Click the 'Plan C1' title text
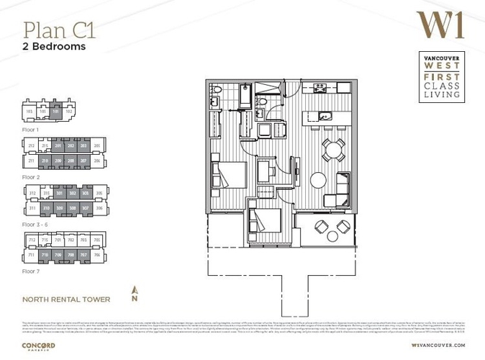pos(59,30)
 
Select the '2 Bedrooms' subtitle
pos(55,47)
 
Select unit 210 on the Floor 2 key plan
pos(45,161)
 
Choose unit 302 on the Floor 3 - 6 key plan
pos(72,193)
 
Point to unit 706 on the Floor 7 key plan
pos(97,254)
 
